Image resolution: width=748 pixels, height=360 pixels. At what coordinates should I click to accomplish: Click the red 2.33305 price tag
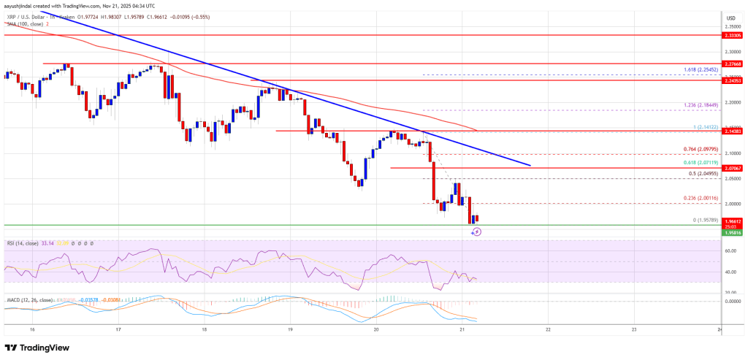coord(731,34)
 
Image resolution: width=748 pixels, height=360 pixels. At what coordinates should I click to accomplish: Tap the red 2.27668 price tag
coord(731,64)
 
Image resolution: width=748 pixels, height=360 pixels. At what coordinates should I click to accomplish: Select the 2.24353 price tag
coord(731,81)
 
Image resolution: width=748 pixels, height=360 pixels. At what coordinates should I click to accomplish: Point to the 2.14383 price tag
coord(731,131)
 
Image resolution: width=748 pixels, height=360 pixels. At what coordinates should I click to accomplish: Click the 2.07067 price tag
coord(731,168)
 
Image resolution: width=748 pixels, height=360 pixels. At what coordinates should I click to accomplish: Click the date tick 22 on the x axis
coord(548,329)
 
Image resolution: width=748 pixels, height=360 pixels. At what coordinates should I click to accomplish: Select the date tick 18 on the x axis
coord(205,329)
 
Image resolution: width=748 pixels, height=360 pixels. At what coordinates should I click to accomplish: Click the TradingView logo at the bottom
coord(35,348)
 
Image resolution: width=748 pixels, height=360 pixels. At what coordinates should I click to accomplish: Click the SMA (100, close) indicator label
coord(24,23)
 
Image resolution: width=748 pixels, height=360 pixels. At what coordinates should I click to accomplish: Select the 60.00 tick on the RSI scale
coord(730,251)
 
